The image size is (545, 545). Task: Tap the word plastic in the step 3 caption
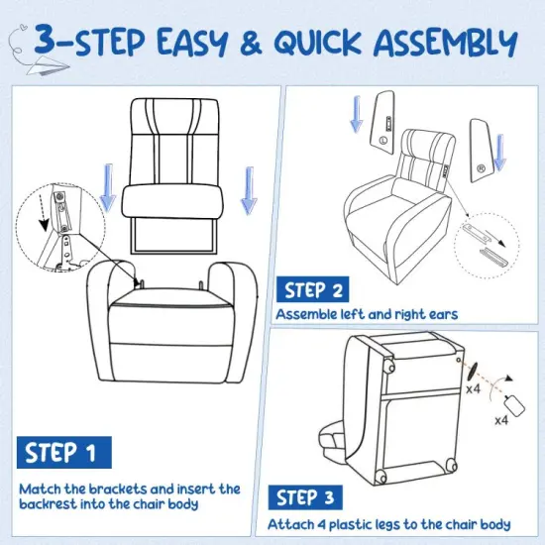pos(364,525)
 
